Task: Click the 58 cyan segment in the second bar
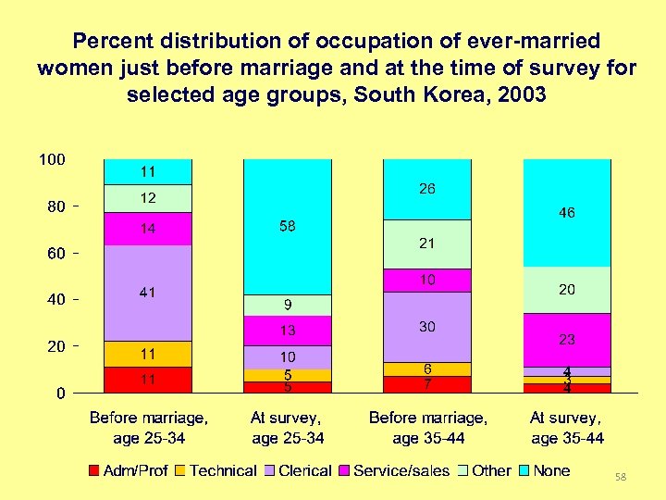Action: [287, 227]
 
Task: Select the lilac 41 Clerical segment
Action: [147, 293]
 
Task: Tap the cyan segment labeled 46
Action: [567, 213]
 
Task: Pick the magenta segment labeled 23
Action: [567, 340]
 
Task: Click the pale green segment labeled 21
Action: [426, 244]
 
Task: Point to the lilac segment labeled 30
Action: [426, 327]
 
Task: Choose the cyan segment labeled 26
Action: [426, 190]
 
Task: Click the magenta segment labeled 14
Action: [147, 229]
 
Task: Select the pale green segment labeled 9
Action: [287, 305]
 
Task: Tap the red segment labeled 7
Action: [426, 384]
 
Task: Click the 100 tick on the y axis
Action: [51, 160]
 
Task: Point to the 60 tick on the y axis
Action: [55, 254]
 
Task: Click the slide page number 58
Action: [621, 477]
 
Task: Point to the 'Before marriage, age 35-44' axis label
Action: [427, 428]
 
